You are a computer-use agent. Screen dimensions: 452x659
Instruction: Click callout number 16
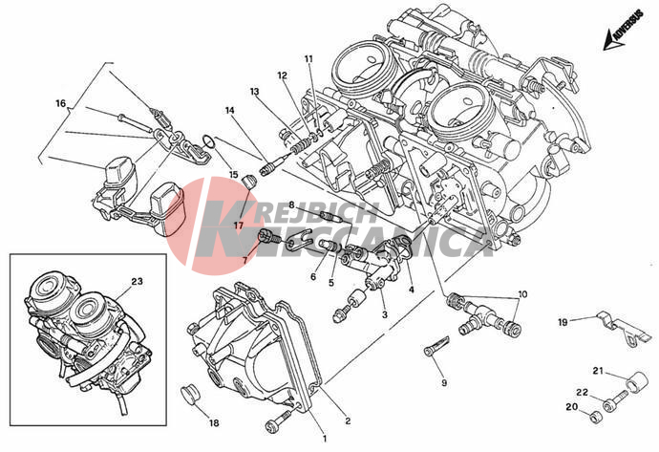coord(59,103)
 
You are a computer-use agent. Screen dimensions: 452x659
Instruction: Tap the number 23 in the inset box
coord(137,282)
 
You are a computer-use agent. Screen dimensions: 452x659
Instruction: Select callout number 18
coord(213,421)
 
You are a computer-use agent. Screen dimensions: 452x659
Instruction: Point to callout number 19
coord(563,321)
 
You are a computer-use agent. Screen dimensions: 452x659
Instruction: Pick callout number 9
coord(443,383)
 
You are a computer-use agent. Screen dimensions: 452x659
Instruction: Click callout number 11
coord(308,60)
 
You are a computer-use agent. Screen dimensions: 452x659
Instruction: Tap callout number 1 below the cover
coord(324,439)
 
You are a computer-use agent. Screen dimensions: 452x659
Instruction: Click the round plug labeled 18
coord(189,394)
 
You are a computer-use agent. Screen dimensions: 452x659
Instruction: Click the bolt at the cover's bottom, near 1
coord(279,421)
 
